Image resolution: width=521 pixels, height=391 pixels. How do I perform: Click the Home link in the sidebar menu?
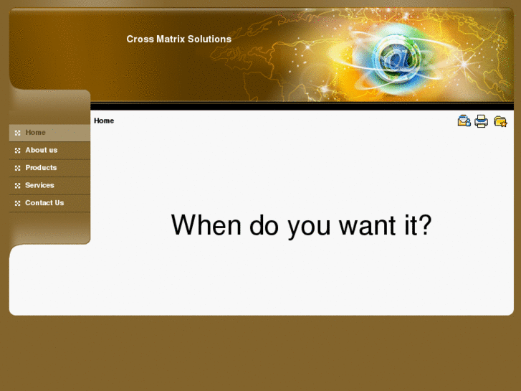click(35, 133)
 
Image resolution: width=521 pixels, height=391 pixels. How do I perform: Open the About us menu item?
click(41, 150)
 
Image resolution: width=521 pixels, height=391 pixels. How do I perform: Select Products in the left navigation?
click(41, 168)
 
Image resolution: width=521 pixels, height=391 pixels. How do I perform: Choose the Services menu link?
click(39, 185)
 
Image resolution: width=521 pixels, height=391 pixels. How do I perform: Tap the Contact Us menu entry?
click(44, 203)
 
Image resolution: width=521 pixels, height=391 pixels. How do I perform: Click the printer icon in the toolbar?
click(482, 121)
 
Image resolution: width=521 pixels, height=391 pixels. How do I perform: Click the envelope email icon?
click(464, 121)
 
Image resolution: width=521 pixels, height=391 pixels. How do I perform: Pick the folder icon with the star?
click(500, 121)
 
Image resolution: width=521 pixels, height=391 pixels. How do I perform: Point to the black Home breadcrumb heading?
click(104, 121)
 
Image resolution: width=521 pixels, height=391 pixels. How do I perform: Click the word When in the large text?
click(206, 225)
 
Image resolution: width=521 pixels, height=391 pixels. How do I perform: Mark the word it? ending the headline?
click(414, 225)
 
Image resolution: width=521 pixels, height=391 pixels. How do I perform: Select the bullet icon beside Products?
click(18, 168)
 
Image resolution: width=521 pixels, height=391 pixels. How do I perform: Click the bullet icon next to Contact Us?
click(18, 203)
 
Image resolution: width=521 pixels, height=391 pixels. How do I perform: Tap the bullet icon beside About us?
click(18, 151)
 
